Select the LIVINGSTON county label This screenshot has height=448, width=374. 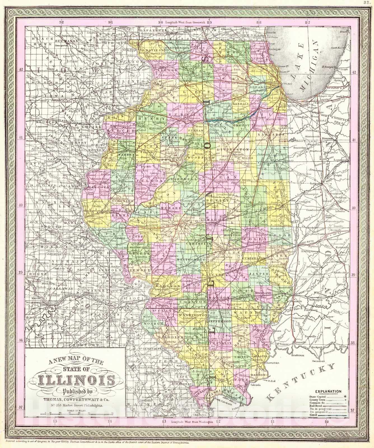point(233,150)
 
